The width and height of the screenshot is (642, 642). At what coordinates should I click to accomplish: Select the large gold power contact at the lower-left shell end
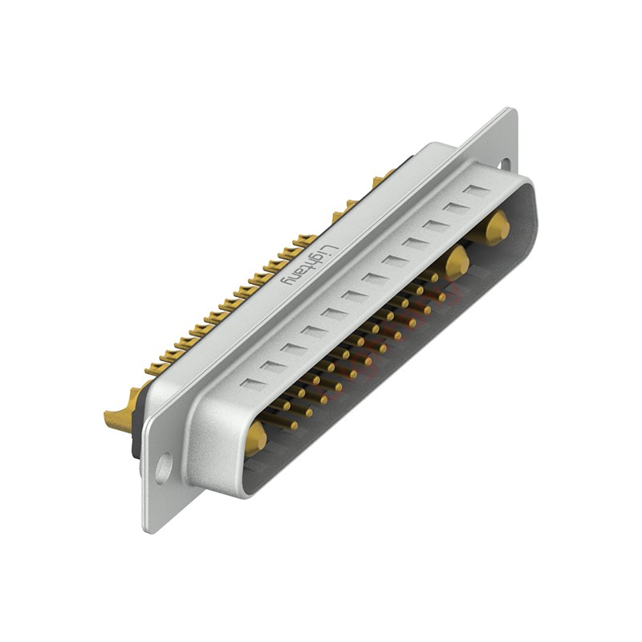255,438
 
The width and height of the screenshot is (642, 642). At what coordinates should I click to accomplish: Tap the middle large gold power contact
456,261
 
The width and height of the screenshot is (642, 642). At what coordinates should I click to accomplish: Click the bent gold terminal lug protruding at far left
118,417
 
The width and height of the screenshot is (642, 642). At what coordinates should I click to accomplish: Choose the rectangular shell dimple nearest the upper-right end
476,191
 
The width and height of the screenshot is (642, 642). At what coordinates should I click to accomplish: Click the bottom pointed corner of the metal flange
149,530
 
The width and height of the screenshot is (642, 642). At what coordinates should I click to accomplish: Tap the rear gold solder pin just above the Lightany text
306,239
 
